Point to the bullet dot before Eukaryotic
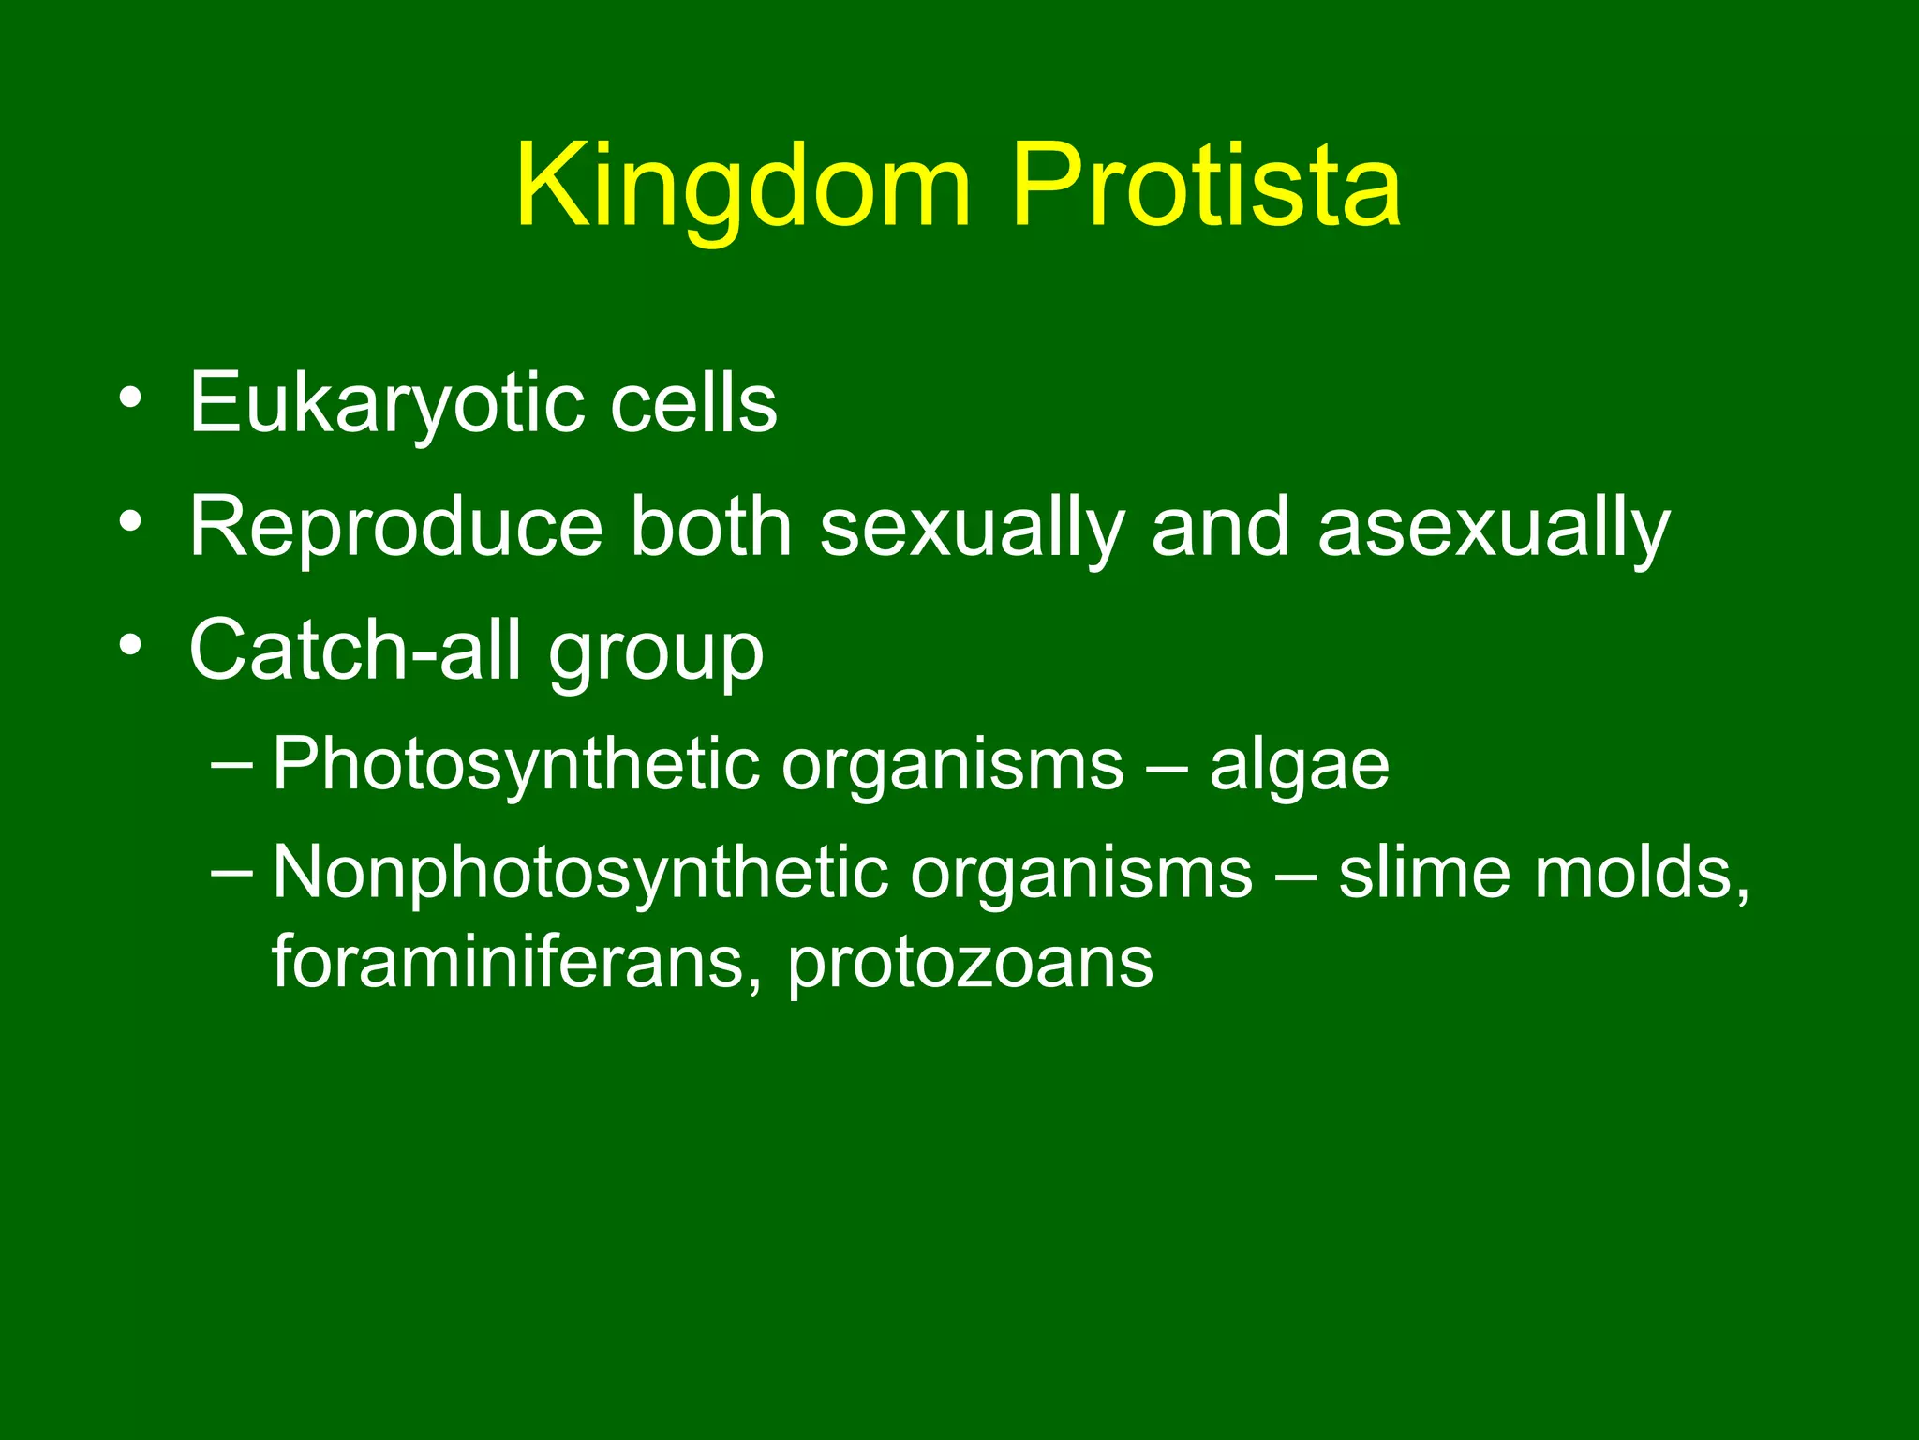(x=131, y=398)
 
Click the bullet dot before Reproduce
(x=131, y=521)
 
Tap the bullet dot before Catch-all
(x=131, y=645)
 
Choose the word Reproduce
(x=395, y=528)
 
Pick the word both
(x=711, y=528)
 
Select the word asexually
(x=1494, y=528)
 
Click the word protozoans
(x=970, y=963)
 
